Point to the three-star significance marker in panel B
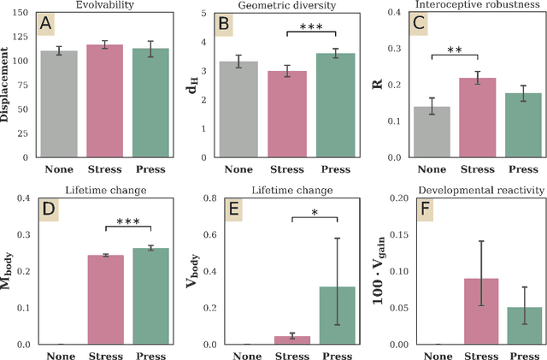point(309,27)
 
